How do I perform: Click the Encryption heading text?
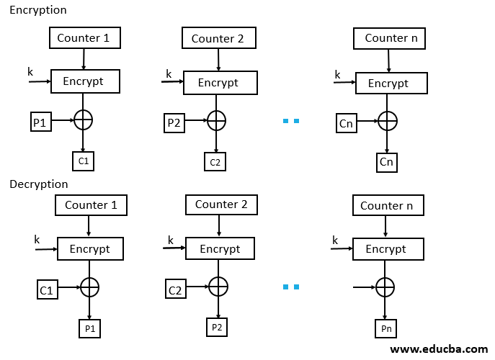37,10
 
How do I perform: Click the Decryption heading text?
39,184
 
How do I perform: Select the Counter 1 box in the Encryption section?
84,38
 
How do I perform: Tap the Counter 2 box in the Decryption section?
221,204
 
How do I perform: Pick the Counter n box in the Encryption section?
390,38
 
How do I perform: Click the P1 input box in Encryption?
40,122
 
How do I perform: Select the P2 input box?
174,122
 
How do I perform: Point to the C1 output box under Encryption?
84,161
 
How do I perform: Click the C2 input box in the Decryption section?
175,289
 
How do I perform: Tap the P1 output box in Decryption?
89,329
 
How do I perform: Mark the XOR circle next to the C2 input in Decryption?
217,287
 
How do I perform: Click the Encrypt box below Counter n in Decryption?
387,249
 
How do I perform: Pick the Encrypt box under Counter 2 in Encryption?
220,83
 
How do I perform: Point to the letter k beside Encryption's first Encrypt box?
30,71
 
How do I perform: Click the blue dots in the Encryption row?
291,121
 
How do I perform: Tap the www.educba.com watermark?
438,349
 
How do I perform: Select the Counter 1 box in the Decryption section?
91,205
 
